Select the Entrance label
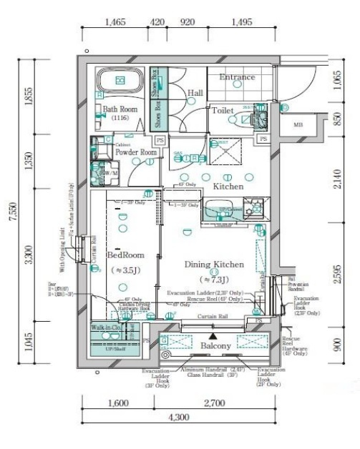[x=237, y=77]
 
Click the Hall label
[x=195, y=93]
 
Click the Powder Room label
[x=136, y=152]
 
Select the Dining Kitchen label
[x=215, y=265]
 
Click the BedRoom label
[x=126, y=255]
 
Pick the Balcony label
[x=215, y=346]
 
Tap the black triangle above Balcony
[x=212, y=334]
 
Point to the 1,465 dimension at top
[x=115, y=23]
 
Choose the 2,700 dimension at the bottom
[x=213, y=403]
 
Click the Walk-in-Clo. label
[x=104, y=327]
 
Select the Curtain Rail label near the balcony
[x=213, y=317]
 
